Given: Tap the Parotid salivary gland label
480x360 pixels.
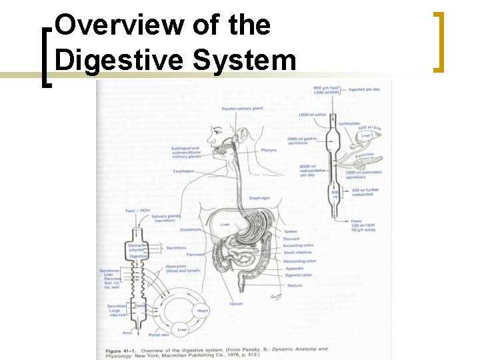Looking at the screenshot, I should point(242,109).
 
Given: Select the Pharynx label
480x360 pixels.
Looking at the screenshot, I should point(269,150).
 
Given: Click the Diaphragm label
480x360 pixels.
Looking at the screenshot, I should point(259,198).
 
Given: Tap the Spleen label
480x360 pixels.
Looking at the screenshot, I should point(290,231).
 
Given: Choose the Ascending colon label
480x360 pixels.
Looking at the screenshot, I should point(298,245).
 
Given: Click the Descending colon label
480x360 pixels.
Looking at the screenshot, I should point(299,261).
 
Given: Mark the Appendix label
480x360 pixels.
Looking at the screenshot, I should point(293,268).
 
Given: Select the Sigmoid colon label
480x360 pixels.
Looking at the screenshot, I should point(297,275).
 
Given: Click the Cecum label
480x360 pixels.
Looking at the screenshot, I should point(236,304).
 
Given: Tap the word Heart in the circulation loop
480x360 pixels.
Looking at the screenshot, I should point(203,311).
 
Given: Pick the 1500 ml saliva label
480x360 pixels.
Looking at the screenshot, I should point(311,115).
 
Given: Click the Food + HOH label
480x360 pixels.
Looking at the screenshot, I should point(136,211).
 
